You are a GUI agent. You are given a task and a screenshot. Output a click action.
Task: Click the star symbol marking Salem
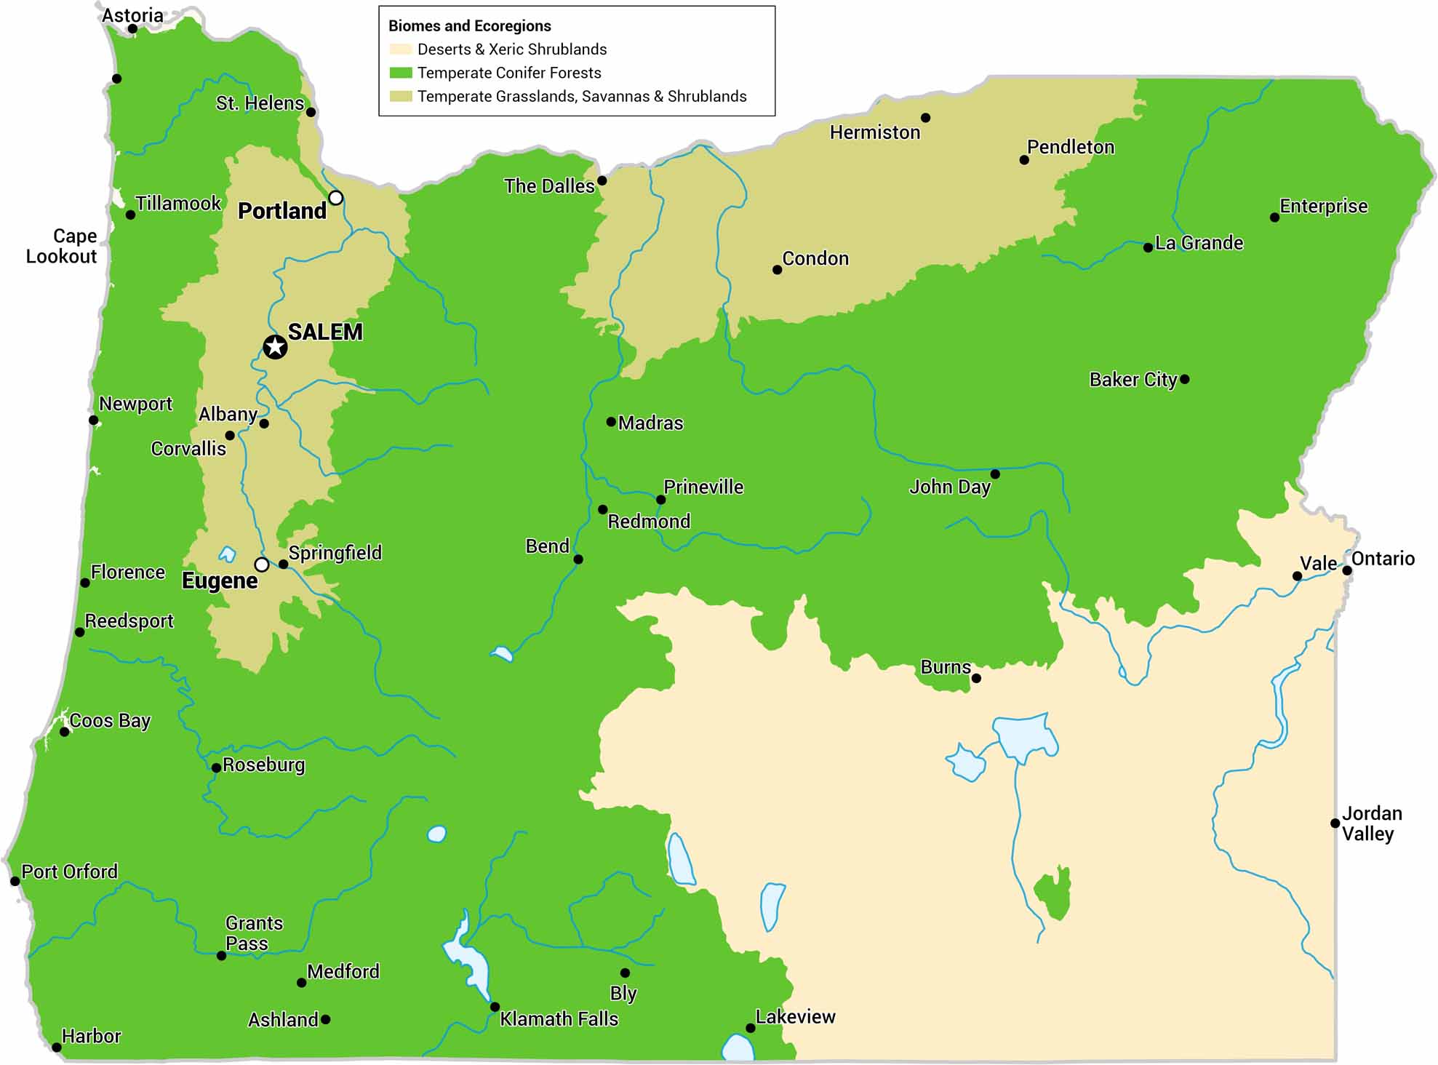coord(275,347)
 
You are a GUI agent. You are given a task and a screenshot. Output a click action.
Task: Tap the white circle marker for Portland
coord(335,198)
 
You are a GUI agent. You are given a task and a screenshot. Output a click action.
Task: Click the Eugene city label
coord(220,581)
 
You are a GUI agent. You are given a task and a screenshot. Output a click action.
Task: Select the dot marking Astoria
coord(132,29)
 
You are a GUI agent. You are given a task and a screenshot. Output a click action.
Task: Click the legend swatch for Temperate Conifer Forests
coord(401,73)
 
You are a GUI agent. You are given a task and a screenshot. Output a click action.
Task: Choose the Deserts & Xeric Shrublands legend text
coord(511,49)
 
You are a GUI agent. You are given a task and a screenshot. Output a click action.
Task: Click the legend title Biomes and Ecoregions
coord(469,26)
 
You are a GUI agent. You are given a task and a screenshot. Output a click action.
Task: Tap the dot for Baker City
coord(1184,379)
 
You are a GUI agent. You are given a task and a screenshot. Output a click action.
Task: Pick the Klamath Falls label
coord(559,1018)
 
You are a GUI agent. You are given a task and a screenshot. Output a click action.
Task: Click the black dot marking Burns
coord(976,678)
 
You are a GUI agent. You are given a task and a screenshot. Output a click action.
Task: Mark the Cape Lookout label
coord(62,246)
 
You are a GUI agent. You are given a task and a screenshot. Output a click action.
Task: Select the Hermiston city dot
coord(925,118)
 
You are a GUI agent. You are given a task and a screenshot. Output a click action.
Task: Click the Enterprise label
coord(1323,206)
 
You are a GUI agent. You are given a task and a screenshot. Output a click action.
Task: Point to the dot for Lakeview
coord(750,1028)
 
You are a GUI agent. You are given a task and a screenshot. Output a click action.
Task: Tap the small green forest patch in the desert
coord(1052,895)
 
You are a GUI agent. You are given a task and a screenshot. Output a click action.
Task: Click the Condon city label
coord(815,258)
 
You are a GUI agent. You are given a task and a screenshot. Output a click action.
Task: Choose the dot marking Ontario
coord(1346,570)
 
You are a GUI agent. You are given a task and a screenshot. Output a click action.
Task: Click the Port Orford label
coord(69,871)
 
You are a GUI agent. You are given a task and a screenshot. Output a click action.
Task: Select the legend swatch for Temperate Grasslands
coord(401,96)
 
